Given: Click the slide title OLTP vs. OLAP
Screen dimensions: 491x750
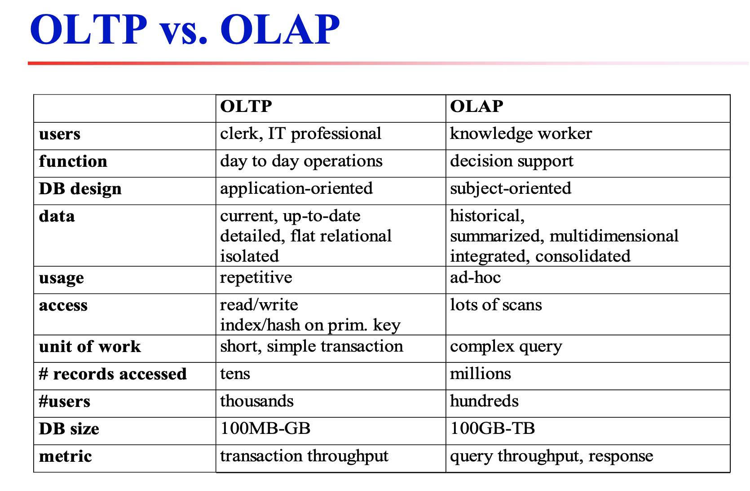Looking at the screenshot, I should point(185,30).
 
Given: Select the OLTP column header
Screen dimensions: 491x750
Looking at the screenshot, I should point(246,107).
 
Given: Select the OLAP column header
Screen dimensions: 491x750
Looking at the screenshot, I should point(476,107).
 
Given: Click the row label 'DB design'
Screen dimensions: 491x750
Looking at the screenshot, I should point(80,189).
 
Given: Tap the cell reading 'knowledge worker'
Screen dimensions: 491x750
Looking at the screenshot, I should point(521,134).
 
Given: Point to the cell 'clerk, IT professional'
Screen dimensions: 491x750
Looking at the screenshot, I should point(300,134).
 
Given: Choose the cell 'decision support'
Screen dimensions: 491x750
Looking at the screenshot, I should point(512,161).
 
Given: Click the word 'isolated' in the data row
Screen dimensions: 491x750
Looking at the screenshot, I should point(249,256).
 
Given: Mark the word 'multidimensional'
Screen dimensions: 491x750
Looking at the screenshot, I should point(614,236).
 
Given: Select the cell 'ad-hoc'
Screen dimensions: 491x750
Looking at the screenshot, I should point(475,278).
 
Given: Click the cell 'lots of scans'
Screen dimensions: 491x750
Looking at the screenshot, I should point(496,305).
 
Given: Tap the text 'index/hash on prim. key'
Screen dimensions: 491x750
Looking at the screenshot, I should point(310,325).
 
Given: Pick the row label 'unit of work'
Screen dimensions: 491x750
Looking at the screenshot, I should point(90,347).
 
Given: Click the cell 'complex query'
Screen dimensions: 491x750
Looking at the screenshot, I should point(506,347).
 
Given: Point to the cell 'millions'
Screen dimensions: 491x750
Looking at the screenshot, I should point(481,374).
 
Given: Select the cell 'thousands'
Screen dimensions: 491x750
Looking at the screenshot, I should point(256,402).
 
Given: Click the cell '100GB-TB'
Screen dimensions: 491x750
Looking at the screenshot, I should point(492,429).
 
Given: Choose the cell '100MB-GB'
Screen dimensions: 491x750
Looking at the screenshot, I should point(265,429).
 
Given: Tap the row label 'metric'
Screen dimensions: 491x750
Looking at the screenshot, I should point(65,456).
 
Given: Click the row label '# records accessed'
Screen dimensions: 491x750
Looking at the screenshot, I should point(113,374).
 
